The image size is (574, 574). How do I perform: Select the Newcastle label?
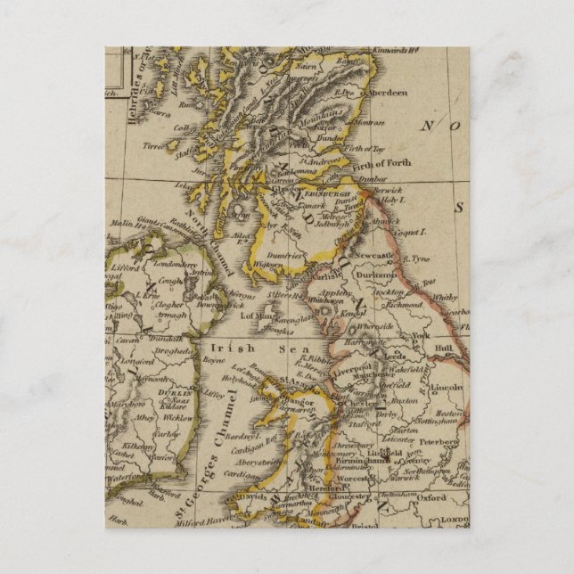pyautogui.click(x=374, y=256)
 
